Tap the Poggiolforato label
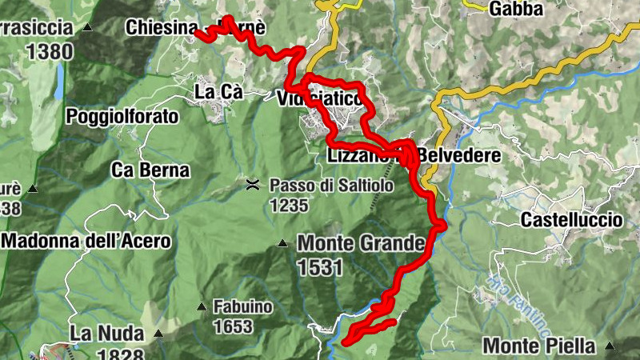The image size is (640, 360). click(122, 117)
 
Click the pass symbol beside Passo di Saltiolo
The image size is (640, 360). click(253, 186)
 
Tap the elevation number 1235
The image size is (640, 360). click(289, 206)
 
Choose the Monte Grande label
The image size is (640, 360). click(359, 242)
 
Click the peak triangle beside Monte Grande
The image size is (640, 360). click(282, 243)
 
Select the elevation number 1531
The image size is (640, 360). click(319, 267)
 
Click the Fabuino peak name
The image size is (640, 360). click(243, 306)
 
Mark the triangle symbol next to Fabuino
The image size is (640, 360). click(201, 306)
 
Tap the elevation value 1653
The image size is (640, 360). click(233, 326)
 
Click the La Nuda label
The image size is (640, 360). click(106, 333)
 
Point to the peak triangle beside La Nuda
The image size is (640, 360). click(158, 334)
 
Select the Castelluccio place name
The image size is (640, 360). click(571, 219)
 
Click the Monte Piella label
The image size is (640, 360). click(539, 346)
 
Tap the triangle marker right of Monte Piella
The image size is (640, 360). click(610, 346)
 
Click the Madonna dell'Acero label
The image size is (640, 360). click(86, 240)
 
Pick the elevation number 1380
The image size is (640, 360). click(50, 52)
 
